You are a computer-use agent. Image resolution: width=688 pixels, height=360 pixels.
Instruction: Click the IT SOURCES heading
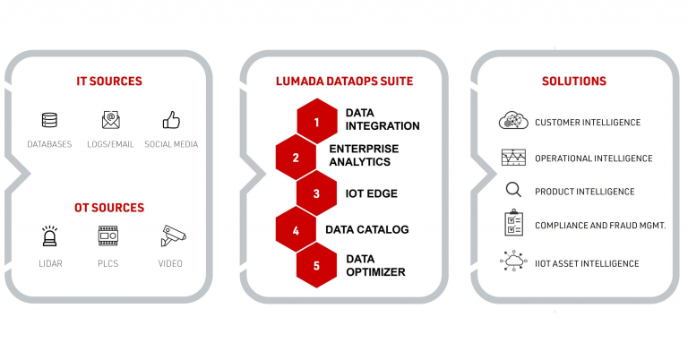click(x=109, y=81)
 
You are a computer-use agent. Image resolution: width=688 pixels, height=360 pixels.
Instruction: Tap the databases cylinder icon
click(x=49, y=120)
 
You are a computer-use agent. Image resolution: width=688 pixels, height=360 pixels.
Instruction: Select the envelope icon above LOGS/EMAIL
click(x=110, y=120)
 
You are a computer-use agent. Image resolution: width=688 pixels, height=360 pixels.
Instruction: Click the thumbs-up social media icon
click(x=171, y=120)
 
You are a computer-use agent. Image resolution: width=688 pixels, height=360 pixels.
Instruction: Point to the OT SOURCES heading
click(x=109, y=208)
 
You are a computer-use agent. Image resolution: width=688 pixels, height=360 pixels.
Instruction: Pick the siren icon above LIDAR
click(x=49, y=236)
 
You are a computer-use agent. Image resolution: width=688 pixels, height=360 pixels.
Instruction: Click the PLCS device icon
click(x=107, y=236)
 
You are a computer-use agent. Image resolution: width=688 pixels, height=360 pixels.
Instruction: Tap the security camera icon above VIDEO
click(x=173, y=236)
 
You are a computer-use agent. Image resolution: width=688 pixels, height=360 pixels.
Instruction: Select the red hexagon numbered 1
click(x=317, y=122)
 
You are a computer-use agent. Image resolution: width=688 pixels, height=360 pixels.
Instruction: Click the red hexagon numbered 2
click(x=296, y=158)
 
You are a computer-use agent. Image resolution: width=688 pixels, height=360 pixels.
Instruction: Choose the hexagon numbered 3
click(x=317, y=193)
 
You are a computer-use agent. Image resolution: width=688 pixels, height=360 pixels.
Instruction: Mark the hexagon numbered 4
click(x=296, y=230)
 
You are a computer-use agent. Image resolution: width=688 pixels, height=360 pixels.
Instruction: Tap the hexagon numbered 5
click(x=317, y=266)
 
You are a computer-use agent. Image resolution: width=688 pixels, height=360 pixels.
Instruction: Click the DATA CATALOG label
click(x=367, y=229)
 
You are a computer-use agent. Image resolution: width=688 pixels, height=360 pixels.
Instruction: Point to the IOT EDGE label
click(x=372, y=193)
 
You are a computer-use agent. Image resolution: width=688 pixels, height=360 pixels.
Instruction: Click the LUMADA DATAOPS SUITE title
click(x=344, y=81)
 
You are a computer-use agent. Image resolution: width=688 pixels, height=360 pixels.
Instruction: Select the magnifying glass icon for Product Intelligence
click(x=513, y=190)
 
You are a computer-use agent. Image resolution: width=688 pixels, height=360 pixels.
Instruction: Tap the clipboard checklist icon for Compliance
click(x=513, y=223)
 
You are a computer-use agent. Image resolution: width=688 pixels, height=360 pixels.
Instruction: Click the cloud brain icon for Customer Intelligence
click(x=513, y=120)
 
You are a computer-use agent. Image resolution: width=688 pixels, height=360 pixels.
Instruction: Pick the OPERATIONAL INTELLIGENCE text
click(x=594, y=159)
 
